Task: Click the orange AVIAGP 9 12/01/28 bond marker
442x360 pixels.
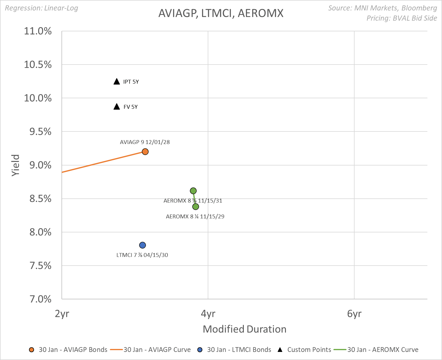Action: click(x=145, y=152)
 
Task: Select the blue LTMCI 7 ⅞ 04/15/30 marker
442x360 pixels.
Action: click(x=142, y=245)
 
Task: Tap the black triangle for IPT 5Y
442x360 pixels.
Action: click(x=117, y=82)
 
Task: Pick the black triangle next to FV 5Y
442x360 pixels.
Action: click(x=117, y=107)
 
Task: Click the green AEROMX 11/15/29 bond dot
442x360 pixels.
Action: click(x=195, y=207)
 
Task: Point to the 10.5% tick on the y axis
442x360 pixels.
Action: click(x=38, y=65)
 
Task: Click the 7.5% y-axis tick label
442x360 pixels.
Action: click(x=41, y=266)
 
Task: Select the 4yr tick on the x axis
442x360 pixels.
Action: click(x=208, y=314)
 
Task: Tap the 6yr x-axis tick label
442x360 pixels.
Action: click(x=354, y=314)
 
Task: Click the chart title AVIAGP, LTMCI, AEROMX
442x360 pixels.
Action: click(x=221, y=13)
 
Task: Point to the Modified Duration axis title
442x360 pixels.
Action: click(x=244, y=329)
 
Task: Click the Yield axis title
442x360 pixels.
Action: click(x=16, y=165)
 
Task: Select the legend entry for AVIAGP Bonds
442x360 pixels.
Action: click(x=68, y=350)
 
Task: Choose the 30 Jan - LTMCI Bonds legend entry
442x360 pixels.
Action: click(x=235, y=350)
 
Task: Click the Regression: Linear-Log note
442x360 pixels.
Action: click(x=41, y=8)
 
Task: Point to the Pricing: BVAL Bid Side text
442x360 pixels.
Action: click(x=402, y=18)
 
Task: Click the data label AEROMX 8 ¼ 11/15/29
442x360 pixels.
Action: click(x=195, y=217)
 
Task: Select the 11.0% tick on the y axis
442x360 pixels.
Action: click(x=38, y=31)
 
